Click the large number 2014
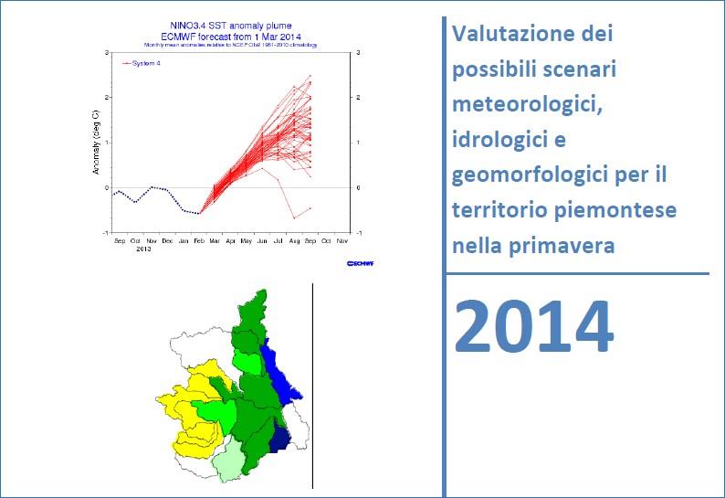[533, 327]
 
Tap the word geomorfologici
[529, 176]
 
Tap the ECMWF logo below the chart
[361, 263]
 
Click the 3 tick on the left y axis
[107, 52]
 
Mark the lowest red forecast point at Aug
[294, 217]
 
